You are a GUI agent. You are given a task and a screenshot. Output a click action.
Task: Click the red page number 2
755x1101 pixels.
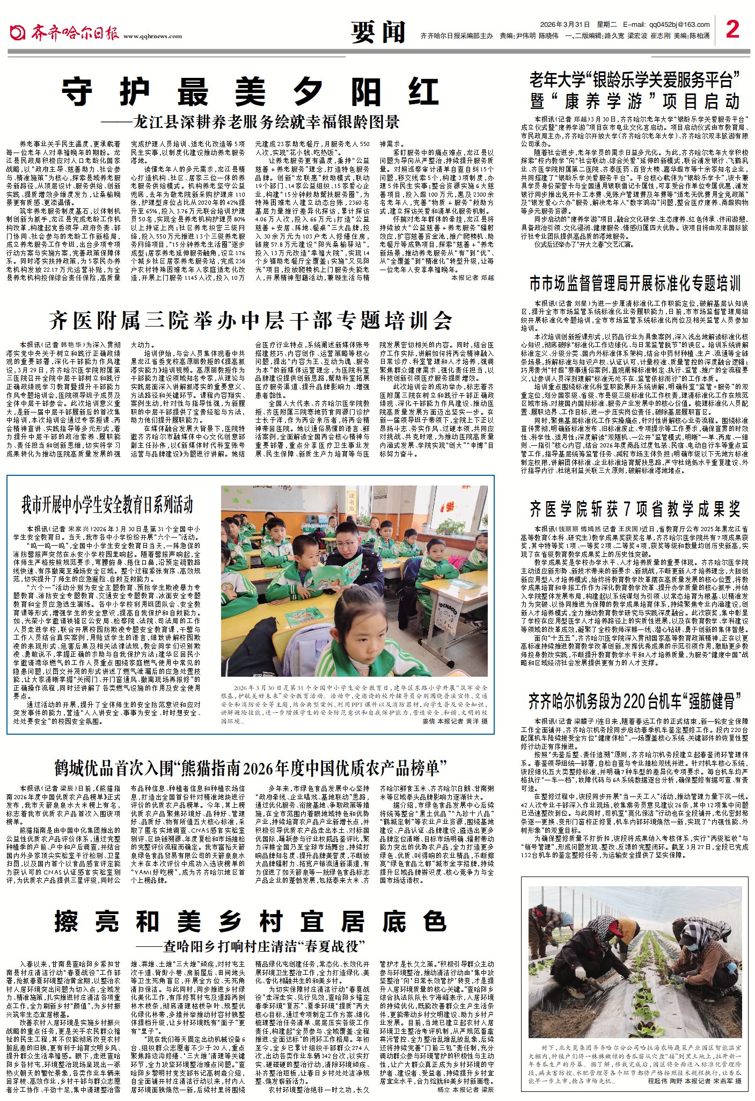(x=732, y=29)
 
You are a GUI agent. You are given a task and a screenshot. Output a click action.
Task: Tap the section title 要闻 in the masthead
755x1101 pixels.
(x=378, y=32)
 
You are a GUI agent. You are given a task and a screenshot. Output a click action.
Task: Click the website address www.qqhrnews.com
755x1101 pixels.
(x=152, y=37)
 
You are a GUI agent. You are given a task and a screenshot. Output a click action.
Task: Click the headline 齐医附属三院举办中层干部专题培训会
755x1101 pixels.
(x=251, y=321)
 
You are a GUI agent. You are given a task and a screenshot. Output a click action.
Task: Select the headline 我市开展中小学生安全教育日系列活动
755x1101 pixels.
(x=107, y=504)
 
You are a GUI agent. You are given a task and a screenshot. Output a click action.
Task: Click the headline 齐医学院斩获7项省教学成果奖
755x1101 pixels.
(x=635, y=509)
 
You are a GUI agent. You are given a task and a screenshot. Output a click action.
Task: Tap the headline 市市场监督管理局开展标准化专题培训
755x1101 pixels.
(x=635, y=284)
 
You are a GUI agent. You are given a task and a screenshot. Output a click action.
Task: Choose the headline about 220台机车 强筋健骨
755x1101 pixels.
(x=635, y=701)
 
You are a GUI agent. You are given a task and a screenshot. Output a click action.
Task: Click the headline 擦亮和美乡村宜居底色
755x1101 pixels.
(x=251, y=922)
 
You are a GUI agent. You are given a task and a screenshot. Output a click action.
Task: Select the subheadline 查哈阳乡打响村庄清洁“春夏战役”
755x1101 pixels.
(x=250, y=946)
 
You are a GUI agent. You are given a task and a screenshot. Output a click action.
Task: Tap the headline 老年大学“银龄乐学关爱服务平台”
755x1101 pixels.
(x=635, y=80)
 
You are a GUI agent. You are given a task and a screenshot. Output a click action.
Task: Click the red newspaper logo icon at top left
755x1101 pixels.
(x=17, y=32)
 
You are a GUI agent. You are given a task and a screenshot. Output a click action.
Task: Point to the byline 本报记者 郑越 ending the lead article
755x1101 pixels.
(x=472, y=278)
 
